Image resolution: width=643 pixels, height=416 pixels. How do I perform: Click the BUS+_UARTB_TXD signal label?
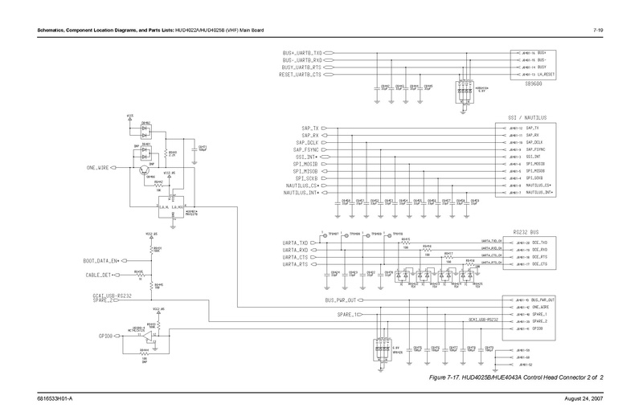(x=302, y=51)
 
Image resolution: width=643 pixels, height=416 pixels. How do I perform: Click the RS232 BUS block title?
(x=529, y=230)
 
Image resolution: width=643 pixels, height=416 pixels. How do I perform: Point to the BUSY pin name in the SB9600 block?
(x=541, y=67)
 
